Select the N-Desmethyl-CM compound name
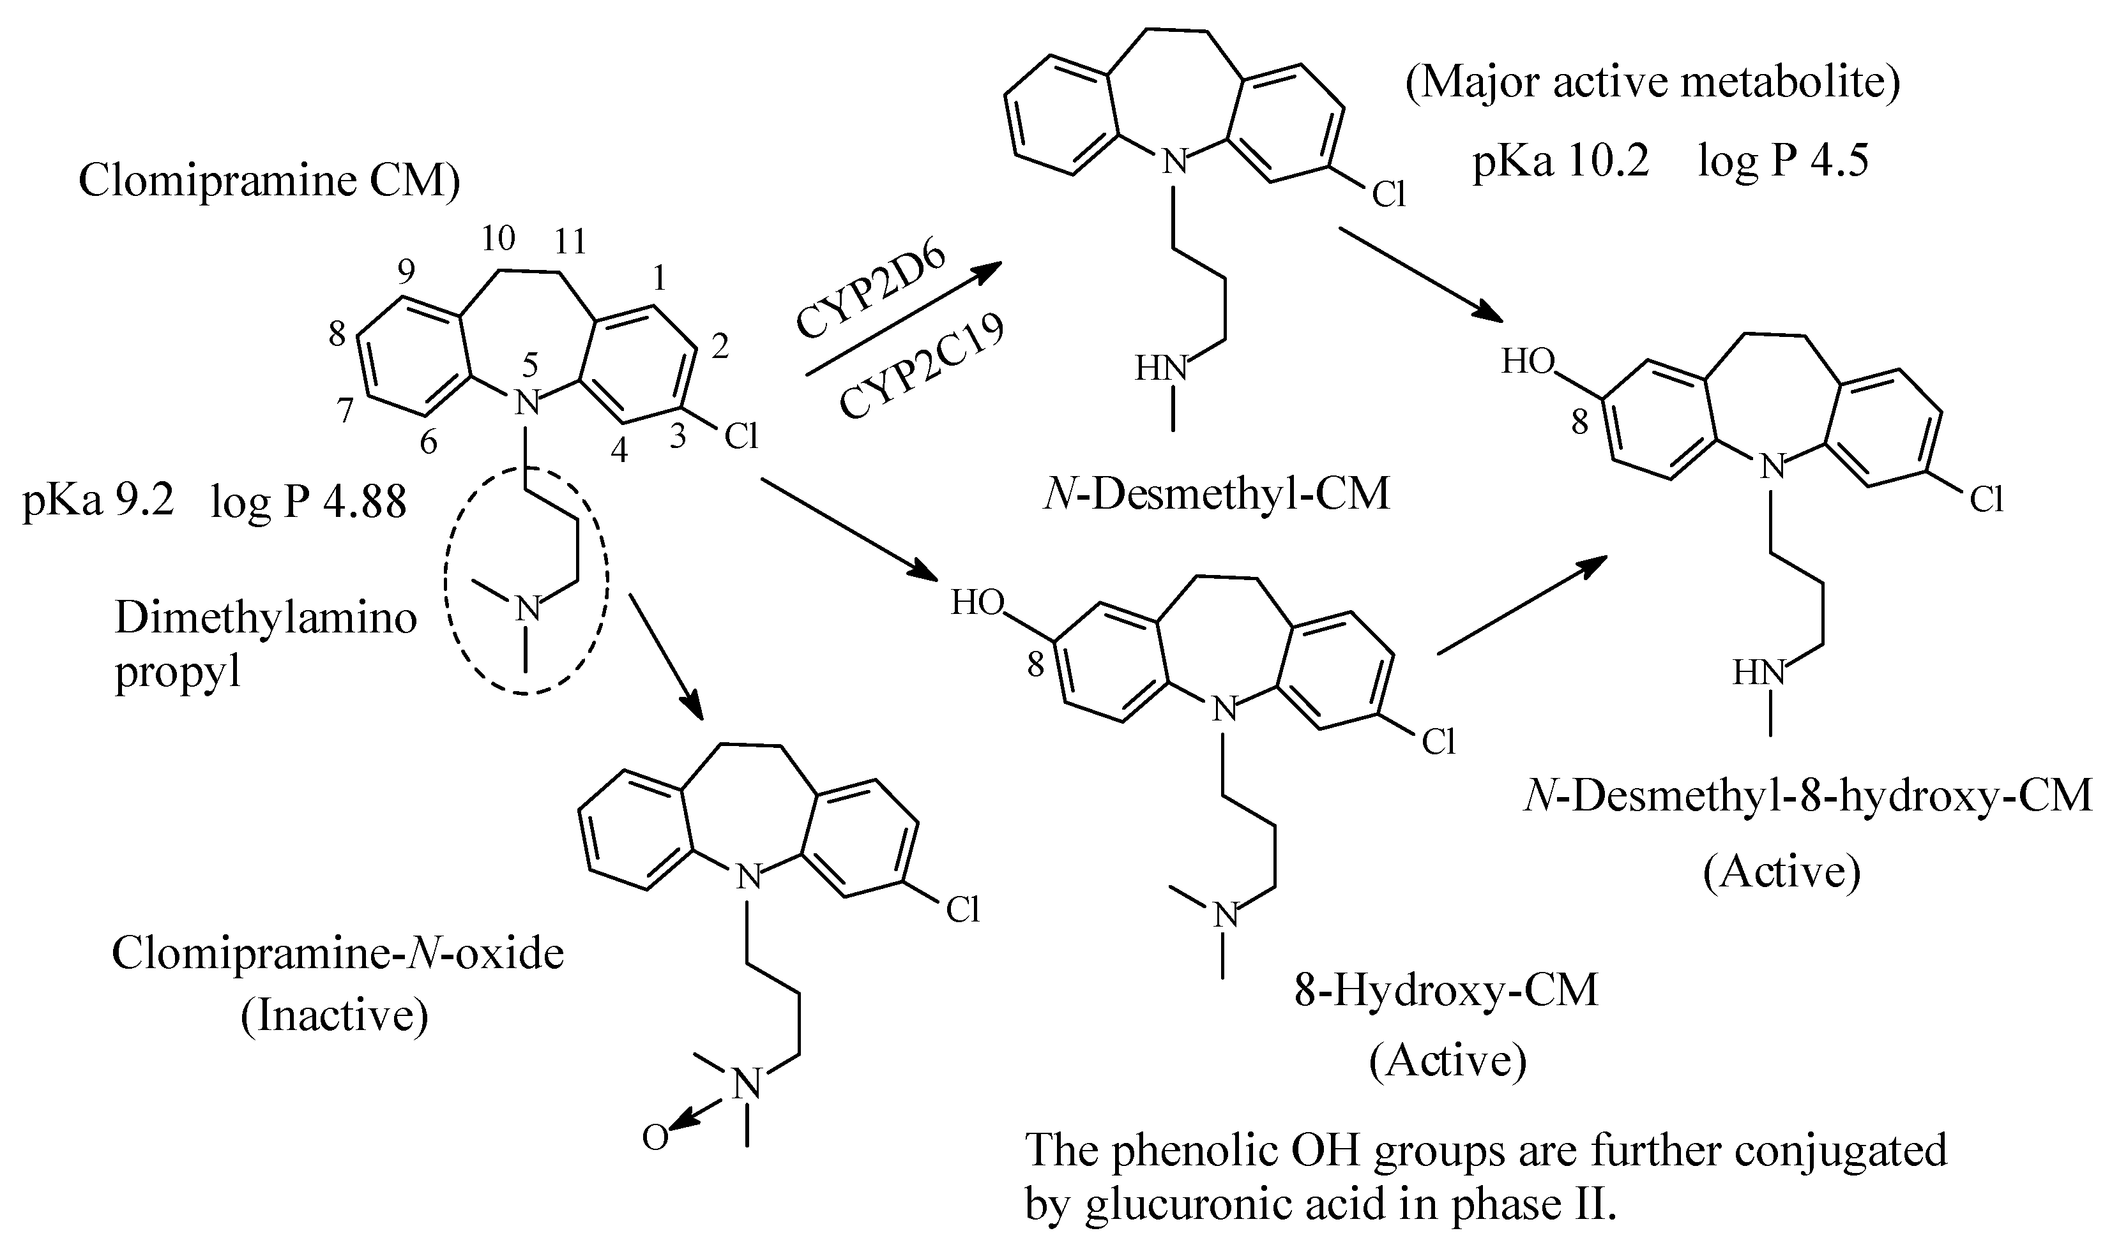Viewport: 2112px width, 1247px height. [1216, 494]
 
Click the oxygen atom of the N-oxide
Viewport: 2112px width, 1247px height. [655, 1138]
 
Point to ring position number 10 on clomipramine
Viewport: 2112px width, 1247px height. [498, 239]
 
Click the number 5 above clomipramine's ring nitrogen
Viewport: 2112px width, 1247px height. [529, 366]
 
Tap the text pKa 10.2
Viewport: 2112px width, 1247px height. [1560, 159]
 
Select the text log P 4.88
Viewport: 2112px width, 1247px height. [308, 502]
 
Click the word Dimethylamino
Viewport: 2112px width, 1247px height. [266, 618]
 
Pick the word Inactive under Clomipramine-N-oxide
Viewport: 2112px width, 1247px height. [335, 1015]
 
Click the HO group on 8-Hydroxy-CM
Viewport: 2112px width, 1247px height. [977, 602]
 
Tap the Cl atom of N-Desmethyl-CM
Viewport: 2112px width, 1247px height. [1388, 195]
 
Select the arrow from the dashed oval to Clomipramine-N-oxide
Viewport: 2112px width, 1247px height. [666, 655]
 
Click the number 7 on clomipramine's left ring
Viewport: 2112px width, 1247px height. [346, 410]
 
